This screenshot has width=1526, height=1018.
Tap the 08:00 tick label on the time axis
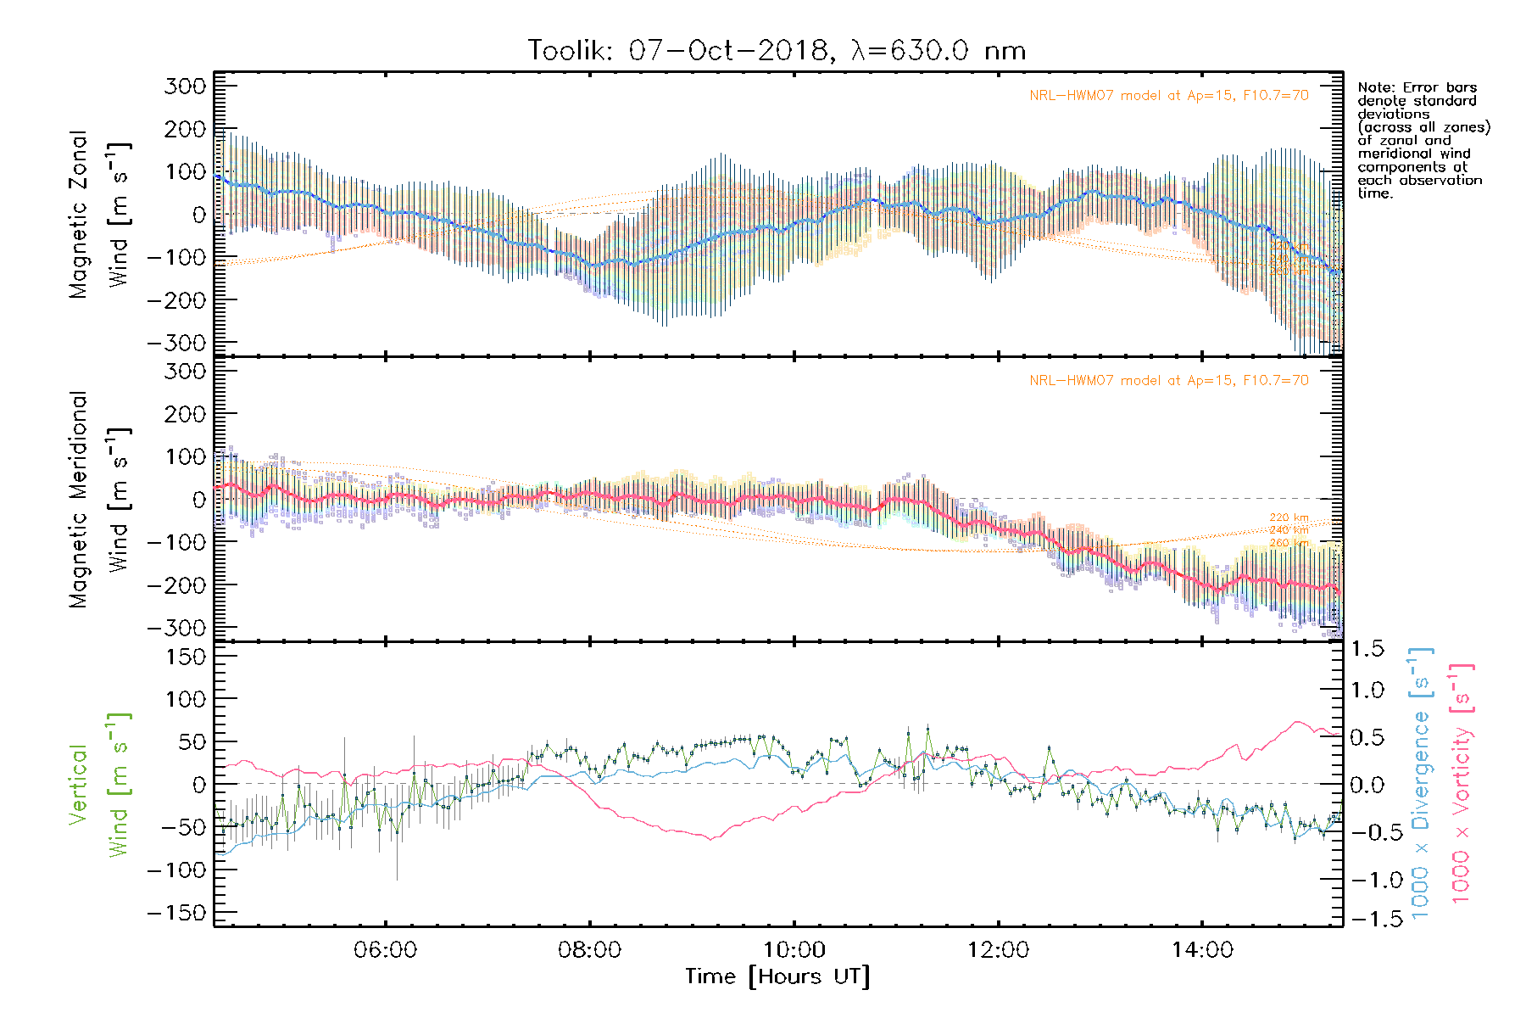point(589,950)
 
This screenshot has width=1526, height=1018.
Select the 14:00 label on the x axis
point(1202,950)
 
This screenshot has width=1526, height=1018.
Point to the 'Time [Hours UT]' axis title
point(777,977)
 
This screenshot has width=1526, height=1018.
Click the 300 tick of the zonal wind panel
point(185,87)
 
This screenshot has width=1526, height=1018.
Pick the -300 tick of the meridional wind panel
point(176,628)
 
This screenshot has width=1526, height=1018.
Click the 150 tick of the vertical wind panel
point(185,657)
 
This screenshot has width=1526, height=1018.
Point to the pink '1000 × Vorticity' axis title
point(1461,782)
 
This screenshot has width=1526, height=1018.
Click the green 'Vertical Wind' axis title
point(97,785)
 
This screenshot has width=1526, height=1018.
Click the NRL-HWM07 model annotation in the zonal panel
point(1168,95)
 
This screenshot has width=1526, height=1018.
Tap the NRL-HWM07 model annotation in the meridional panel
point(1168,380)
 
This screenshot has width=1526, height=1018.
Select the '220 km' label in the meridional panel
point(1289,517)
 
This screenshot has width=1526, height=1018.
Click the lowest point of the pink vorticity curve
point(710,838)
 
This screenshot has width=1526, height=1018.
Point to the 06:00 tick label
point(385,950)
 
